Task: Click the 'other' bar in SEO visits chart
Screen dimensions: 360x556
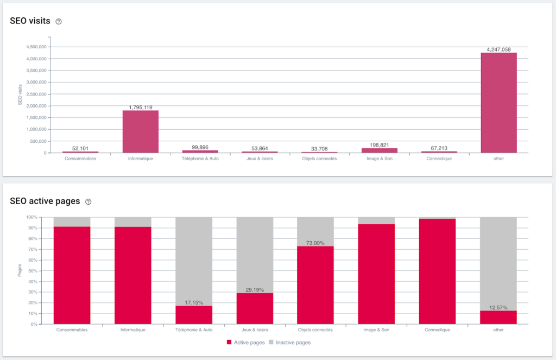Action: pos(498,103)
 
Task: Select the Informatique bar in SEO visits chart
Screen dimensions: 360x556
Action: pos(140,131)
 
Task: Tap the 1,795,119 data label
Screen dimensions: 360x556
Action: pos(140,107)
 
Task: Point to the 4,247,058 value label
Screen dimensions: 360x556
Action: pos(498,49)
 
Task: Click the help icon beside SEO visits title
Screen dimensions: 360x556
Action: pos(59,22)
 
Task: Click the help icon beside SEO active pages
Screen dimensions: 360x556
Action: pos(89,202)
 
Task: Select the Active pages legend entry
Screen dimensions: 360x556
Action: pos(249,343)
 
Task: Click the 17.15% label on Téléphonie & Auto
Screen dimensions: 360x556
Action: pos(194,302)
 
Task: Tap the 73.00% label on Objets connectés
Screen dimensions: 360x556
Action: pos(315,243)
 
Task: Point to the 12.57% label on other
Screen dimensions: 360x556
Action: pos(498,307)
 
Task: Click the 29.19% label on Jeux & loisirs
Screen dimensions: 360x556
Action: pos(255,290)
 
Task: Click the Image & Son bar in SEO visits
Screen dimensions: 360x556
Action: pos(379,150)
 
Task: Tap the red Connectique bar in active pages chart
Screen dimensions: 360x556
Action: pos(437,271)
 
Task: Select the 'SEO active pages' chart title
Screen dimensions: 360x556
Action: pos(45,201)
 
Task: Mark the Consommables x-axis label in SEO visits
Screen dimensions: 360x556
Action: pos(80,159)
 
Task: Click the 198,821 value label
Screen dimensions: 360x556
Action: pos(379,145)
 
